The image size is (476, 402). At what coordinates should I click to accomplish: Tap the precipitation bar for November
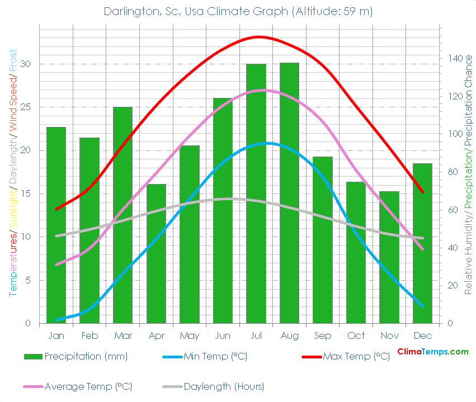point(389,257)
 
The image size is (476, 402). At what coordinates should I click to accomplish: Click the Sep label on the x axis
point(322,335)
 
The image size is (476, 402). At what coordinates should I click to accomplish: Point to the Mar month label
point(122,335)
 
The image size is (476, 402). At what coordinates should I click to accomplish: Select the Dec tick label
point(422,335)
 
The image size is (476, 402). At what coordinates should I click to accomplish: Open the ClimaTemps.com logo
point(432,352)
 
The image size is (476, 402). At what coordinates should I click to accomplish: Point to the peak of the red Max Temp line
point(258,37)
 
